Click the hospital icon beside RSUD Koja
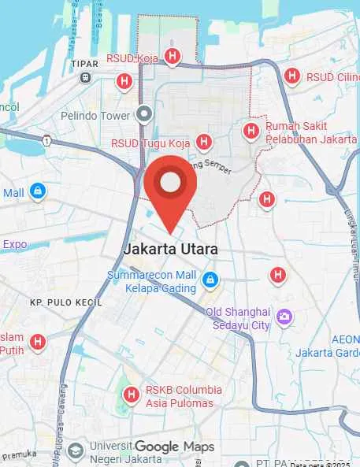172,57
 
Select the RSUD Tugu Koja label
151,143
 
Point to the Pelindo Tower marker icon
143,114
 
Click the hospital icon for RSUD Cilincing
292,76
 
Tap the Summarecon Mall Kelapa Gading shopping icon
209,280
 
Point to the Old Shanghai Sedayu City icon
284,317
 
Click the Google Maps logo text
173,447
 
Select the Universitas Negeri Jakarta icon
75,451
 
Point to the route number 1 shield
47,141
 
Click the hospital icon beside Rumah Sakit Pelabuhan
251,131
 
